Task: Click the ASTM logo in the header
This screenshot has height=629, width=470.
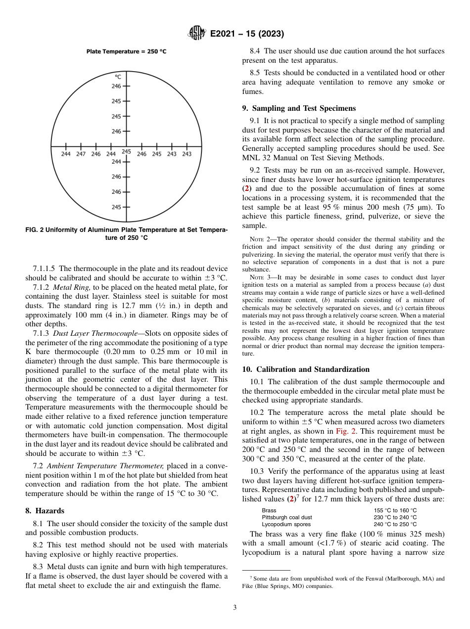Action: (196, 34)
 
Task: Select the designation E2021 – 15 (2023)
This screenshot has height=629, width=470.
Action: (246, 34)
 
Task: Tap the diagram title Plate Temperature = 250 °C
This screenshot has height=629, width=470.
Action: (126, 51)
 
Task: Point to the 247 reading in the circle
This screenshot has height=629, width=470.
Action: (81, 154)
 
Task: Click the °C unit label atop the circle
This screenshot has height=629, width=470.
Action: (118, 77)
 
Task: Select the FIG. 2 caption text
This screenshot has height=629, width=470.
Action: (126, 234)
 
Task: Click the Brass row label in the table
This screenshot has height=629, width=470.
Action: (269, 510)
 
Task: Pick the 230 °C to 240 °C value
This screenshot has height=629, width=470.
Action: (395, 517)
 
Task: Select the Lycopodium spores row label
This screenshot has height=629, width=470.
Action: (286, 524)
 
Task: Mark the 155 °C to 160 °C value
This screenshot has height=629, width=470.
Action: (395, 510)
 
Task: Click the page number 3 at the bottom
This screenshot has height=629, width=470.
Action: (235, 608)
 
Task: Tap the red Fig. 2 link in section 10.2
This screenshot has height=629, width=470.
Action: (344, 431)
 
